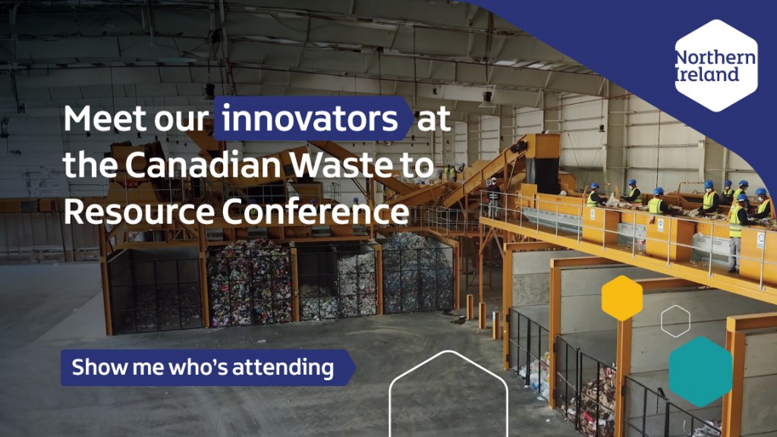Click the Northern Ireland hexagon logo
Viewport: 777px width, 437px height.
(716, 66)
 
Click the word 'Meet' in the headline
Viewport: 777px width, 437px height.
(102, 120)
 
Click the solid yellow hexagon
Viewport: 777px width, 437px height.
(622, 298)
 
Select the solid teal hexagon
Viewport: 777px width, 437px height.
(700, 372)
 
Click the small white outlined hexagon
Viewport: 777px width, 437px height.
(675, 321)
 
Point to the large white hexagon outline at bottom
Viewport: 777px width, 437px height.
(448, 398)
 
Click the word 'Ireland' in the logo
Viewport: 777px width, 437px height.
(706, 74)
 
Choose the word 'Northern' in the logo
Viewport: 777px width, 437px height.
(716, 58)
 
